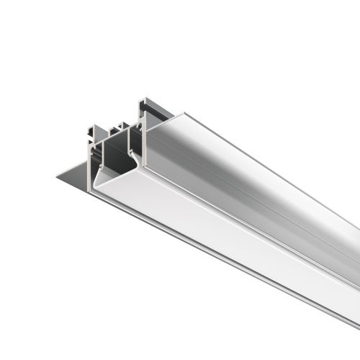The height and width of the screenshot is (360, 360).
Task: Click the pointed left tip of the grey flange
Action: coord(55,174)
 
